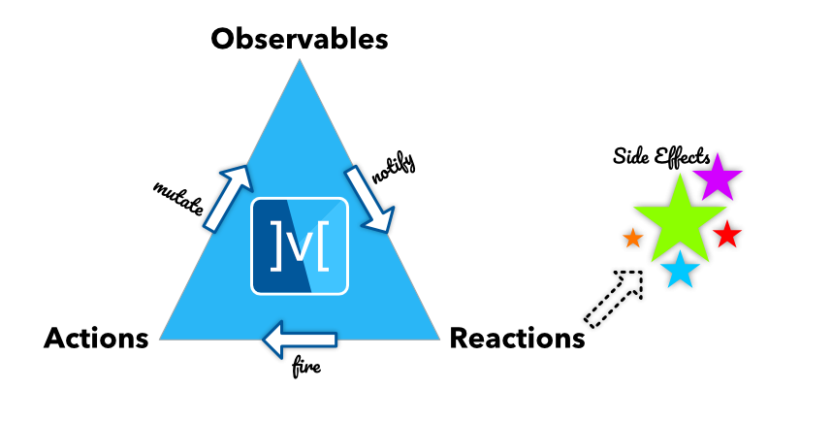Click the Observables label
click(300, 39)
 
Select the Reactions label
click(517, 339)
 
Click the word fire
click(305, 368)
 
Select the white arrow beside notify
click(371, 200)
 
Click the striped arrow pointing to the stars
click(615, 297)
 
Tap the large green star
click(680, 220)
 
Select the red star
click(726, 234)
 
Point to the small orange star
click(632, 236)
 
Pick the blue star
click(681, 271)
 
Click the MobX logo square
click(300, 246)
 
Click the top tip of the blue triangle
click(300, 62)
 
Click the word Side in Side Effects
click(631, 156)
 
